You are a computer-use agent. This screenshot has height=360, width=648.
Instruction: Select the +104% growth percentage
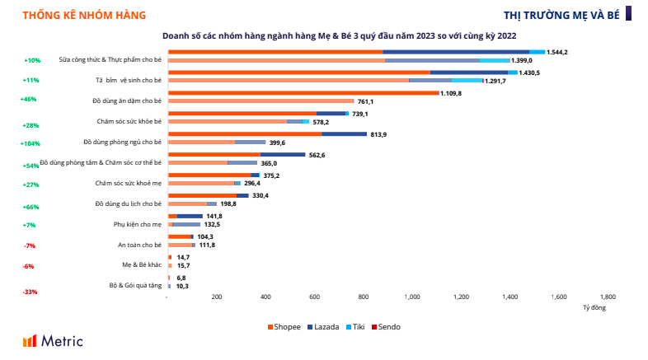point(32,143)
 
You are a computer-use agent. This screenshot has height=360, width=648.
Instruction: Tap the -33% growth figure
point(31,292)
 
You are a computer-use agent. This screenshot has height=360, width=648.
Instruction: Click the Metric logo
point(54,340)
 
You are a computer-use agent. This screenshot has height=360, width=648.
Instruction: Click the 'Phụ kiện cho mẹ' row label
point(138,224)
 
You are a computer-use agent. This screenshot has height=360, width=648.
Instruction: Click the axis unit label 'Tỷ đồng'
point(594,308)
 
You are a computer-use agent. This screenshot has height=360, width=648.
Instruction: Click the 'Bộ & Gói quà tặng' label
point(135,286)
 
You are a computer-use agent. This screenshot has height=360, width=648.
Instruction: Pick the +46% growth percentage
point(30,100)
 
